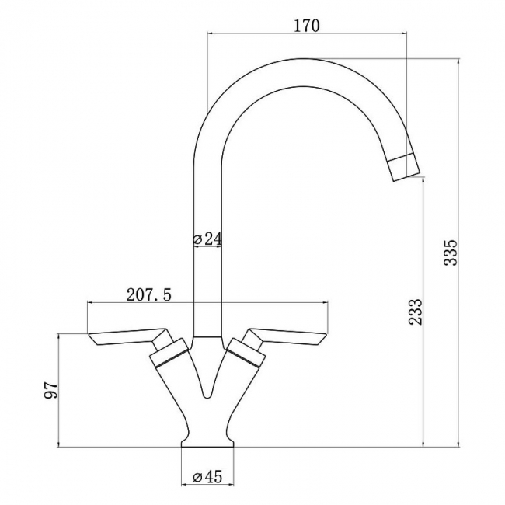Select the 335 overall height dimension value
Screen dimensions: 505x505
click(451, 252)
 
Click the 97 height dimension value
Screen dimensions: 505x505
click(50, 391)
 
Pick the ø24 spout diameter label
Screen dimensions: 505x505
click(207, 239)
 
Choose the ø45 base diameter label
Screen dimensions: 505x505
click(207, 477)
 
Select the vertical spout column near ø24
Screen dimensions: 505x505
click(207, 280)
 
